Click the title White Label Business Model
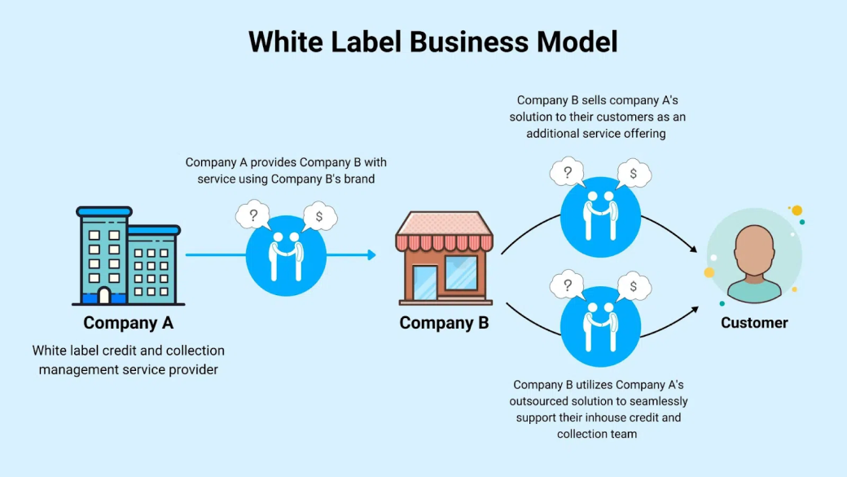coord(432,42)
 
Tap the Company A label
coord(128,323)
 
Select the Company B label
coord(444,323)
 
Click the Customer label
coord(754,323)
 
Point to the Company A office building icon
coord(128,255)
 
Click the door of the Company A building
coord(104,295)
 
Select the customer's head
coord(754,250)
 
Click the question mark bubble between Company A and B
coord(253,216)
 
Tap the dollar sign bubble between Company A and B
coord(319,216)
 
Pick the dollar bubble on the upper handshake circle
coord(634,173)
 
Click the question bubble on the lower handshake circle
coord(567,285)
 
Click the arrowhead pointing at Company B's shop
coord(371,255)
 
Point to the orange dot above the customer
coord(797,210)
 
